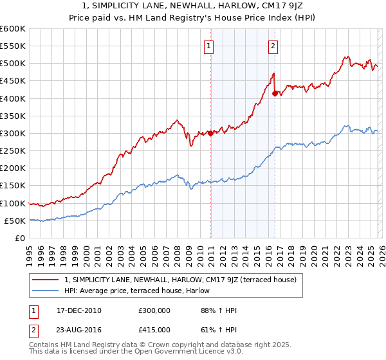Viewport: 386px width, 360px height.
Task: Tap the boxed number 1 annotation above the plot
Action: tap(210, 46)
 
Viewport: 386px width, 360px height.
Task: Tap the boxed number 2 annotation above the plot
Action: tap(273, 46)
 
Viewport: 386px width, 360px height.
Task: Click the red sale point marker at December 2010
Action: tap(210, 134)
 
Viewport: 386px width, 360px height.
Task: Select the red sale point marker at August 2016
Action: tap(275, 93)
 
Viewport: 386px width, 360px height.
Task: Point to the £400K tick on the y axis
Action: tap(13, 98)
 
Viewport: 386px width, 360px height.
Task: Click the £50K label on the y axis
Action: tap(15, 221)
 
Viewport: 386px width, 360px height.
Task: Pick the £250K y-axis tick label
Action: tap(13, 151)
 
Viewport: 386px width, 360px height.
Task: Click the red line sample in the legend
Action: tap(46, 280)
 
